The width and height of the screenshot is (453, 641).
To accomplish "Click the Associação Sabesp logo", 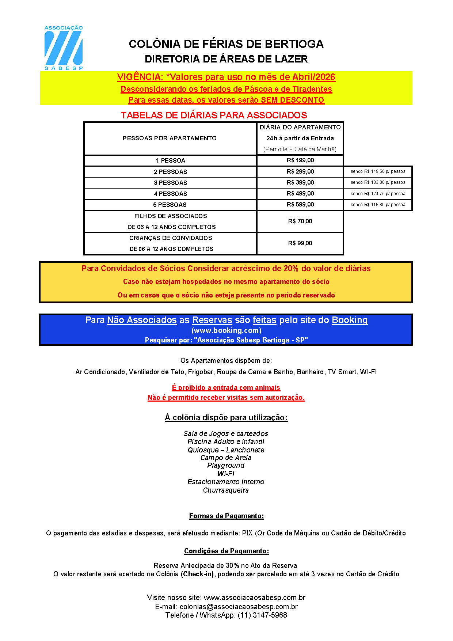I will pyautogui.click(x=64, y=48).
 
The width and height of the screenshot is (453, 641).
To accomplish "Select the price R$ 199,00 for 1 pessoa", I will pyautogui.click(x=300, y=160).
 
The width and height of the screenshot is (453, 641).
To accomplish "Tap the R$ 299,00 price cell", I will pyautogui.click(x=300, y=172).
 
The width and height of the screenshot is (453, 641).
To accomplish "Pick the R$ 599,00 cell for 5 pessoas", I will pyautogui.click(x=300, y=205).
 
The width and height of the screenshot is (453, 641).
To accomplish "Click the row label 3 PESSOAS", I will pyautogui.click(x=170, y=183).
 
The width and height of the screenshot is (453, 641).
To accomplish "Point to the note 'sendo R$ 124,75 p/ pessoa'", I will pyautogui.click(x=378, y=194).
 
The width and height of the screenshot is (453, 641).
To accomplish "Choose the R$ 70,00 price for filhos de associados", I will pyautogui.click(x=300, y=221).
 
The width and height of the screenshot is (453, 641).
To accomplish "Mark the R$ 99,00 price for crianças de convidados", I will pyautogui.click(x=300, y=243).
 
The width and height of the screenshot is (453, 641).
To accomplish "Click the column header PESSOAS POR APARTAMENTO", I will pyautogui.click(x=170, y=139).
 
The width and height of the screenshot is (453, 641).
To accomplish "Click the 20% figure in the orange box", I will pyautogui.click(x=291, y=269).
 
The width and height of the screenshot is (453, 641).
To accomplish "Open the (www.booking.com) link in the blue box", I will pyautogui.click(x=226, y=331).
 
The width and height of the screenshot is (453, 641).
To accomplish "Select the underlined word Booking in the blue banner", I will pyautogui.click(x=349, y=320).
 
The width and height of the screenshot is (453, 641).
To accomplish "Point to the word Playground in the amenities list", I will pyautogui.click(x=226, y=466).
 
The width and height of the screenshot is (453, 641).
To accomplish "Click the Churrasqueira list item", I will pyautogui.click(x=226, y=490).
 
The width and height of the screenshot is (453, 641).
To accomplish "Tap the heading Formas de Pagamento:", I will pyautogui.click(x=226, y=516).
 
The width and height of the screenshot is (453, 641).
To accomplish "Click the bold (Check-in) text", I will pyautogui.click(x=197, y=574).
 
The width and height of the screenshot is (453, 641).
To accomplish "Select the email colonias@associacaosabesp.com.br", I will pyautogui.click(x=239, y=607).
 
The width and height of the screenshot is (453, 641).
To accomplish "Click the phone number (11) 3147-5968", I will pyautogui.click(x=262, y=615).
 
